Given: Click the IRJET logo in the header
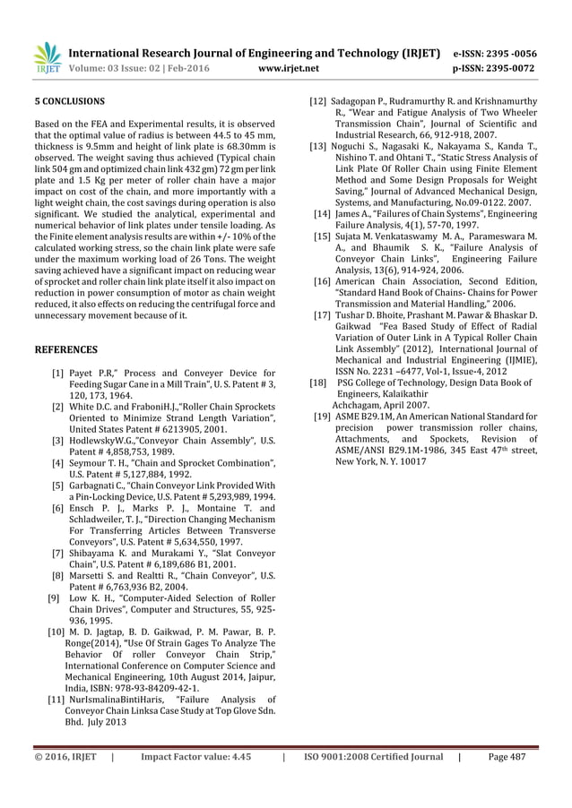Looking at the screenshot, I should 46,56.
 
